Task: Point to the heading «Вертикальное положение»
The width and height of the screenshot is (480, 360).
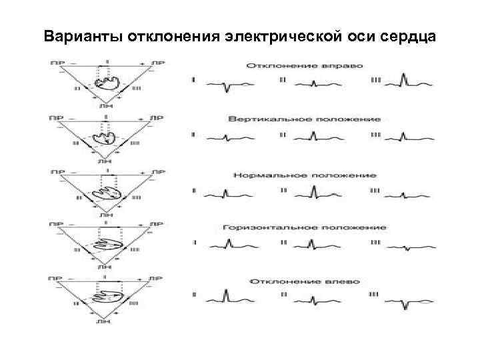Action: [305, 119]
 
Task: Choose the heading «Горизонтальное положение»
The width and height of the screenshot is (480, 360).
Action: [305, 227]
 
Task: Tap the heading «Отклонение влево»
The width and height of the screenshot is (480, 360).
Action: [305, 281]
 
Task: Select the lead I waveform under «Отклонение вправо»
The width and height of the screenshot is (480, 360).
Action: [227, 84]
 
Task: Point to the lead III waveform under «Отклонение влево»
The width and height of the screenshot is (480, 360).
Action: [407, 301]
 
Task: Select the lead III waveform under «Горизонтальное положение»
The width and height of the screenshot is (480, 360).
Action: [407, 247]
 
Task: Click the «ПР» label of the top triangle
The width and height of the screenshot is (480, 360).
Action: [55, 63]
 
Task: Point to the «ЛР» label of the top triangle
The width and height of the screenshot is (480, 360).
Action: [157, 63]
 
